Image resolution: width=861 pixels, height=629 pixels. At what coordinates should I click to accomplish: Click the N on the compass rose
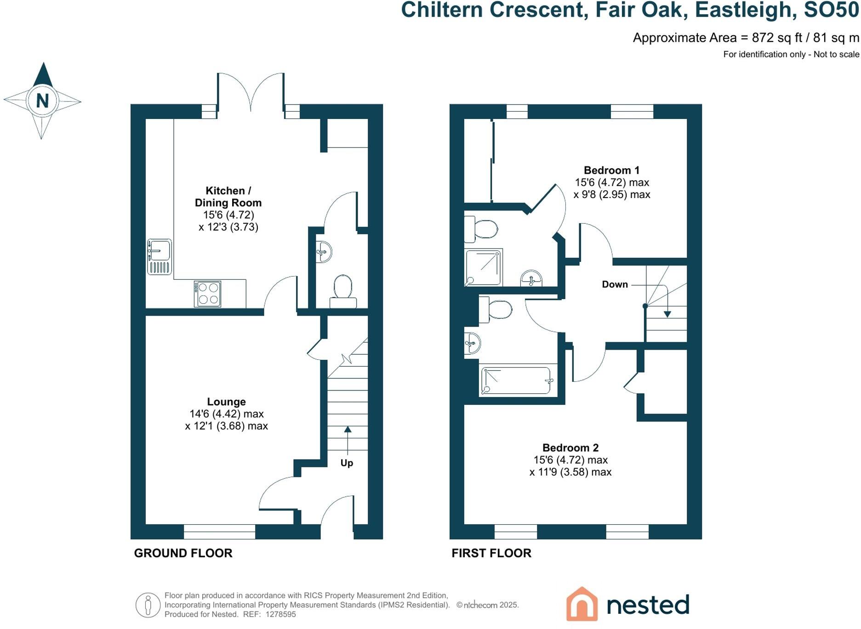click(42, 101)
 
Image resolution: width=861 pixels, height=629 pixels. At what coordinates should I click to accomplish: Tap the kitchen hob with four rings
click(207, 294)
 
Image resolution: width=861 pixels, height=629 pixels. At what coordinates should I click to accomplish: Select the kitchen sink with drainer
click(160, 256)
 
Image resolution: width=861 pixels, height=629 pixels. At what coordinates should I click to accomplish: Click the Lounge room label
click(226, 402)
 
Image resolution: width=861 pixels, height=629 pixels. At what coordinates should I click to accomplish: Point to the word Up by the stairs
click(347, 463)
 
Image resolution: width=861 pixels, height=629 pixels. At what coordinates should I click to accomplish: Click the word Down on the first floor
click(615, 284)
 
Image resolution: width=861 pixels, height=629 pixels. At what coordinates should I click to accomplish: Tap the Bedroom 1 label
click(611, 170)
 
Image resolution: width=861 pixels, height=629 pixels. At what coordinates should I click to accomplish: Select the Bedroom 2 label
click(570, 448)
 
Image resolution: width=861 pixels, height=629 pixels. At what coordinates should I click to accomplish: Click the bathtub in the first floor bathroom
click(516, 380)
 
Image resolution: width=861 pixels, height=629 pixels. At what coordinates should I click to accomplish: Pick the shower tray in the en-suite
click(483, 267)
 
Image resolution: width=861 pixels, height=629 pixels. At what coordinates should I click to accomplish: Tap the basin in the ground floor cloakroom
click(324, 252)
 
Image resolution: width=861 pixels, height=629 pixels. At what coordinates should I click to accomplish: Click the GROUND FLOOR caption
click(183, 553)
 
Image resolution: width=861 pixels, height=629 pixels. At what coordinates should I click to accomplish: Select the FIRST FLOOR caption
click(491, 553)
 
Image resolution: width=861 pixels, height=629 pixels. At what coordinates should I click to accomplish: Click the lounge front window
click(219, 532)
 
